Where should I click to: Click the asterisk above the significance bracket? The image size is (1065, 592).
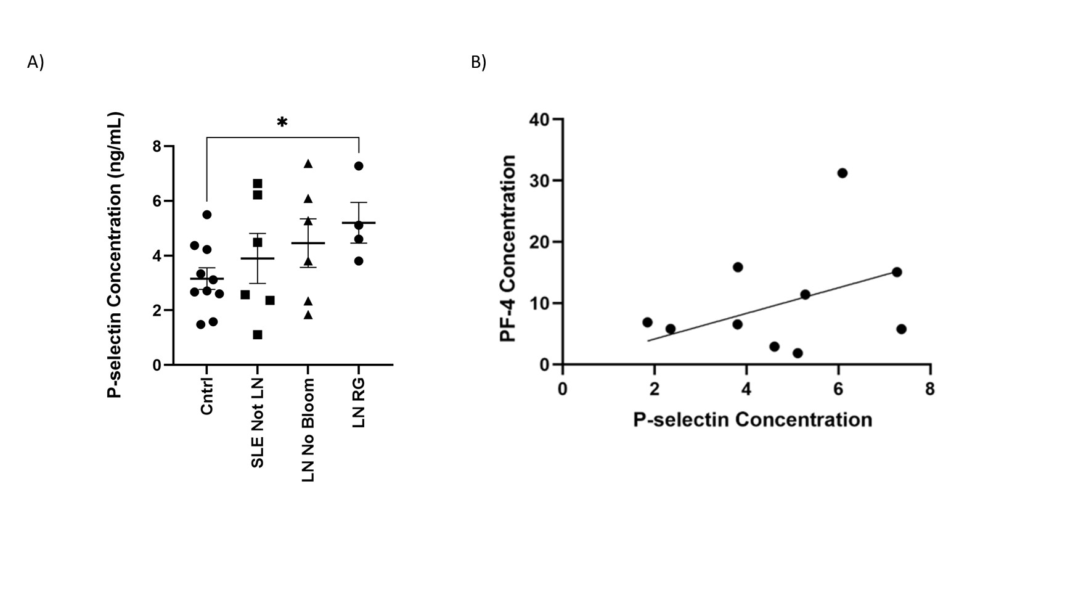pyautogui.click(x=282, y=122)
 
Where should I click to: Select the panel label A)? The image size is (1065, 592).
pyautogui.click(x=36, y=62)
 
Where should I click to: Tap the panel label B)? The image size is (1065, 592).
pyautogui.click(x=479, y=62)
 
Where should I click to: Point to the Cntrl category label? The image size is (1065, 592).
pyautogui.click(x=207, y=396)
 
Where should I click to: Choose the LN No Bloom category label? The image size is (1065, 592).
pyautogui.click(x=308, y=430)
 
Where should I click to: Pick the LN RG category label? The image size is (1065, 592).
pyautogui.click(x=359, y=403)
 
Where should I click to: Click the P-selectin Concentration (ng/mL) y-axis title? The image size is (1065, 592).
pyautogui.click(x=115, y=255)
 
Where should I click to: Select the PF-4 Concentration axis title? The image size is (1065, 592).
pyautogui.click(x=508, y=249)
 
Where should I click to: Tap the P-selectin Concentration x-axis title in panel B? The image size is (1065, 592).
pyautogui.click(x=753, y=420)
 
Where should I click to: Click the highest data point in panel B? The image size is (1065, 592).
pyautogui.click(x=842, y=173)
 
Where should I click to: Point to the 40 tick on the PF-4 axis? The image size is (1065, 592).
pyautogui.click(x=539, y=119)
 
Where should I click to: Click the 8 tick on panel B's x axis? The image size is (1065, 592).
pyautogui.click(x=930, y=389)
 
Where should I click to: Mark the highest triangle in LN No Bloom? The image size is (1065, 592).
pyautogui.click(x=308, y=164)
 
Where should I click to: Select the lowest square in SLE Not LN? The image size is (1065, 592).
pyautogui.click(x=258, y=335)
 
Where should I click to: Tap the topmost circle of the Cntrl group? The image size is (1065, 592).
pyautogui.click(x=207, y=215)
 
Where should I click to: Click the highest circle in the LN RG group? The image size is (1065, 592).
pyautogui.click(x=359, y=166)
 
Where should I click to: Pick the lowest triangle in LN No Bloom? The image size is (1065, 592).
pyautogui.click(x=308, y=315)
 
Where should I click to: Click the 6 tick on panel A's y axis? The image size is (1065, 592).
pyautogui.click(x=157, y=201)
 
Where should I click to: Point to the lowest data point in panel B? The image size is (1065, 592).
pyautogui.click(x=798, y=353)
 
